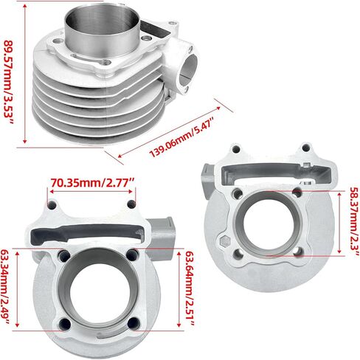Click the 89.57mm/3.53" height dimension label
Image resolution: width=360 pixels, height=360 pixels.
(x=9, y=82)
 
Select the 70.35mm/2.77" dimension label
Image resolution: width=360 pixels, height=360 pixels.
(x=93, y=183)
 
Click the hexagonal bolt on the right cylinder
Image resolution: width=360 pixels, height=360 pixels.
(x=225, y=241)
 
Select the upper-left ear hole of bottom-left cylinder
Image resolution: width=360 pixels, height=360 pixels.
(x=52, y=206)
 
